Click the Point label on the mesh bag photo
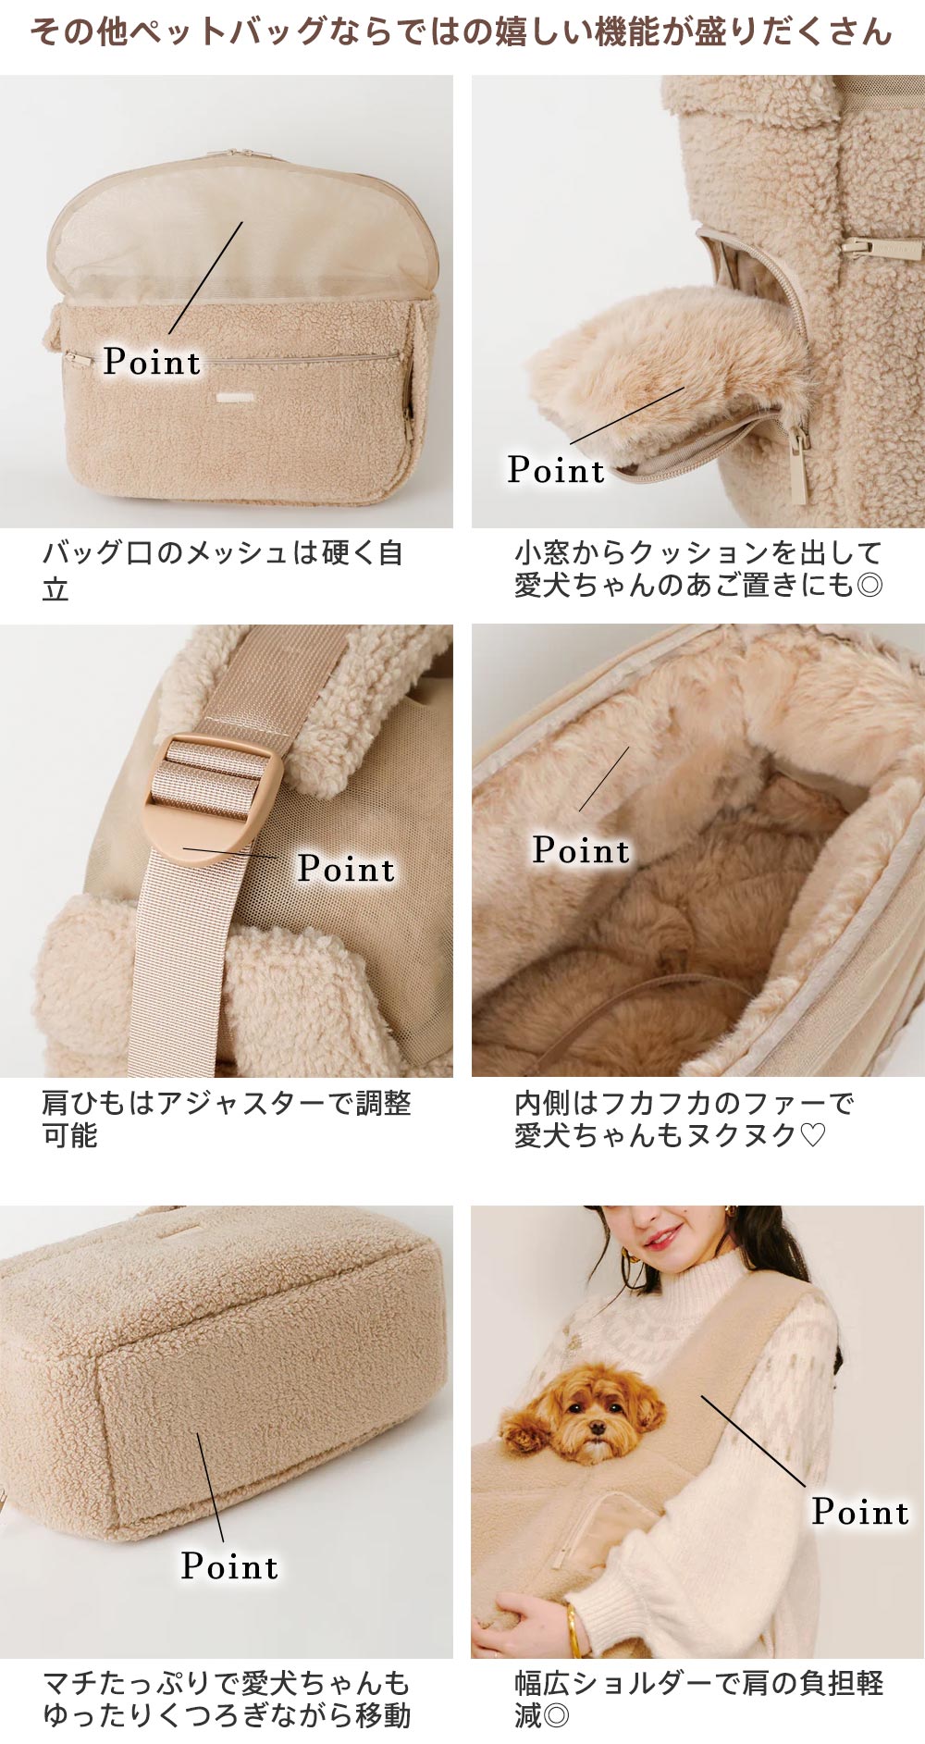coord(152,362)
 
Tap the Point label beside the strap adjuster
coord(346,869)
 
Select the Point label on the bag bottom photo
coord(229,1566)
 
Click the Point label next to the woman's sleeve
coord(860,1512)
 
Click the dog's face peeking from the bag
coord(584,1416)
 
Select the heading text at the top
coord(462,32)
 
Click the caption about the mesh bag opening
coord(222,570)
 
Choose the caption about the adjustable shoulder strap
coord(226,1119)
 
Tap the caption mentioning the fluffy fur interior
coord(684,1119)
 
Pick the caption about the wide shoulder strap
coord(698,1699)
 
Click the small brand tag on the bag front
coord(229,398)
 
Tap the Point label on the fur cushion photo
coord(556,470)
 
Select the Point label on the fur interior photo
coord(581,850)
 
